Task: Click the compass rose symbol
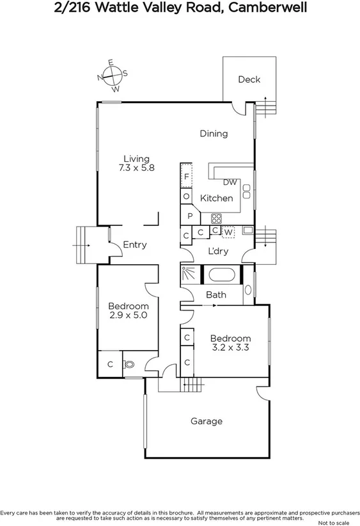coord(112,75)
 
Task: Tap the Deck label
coord(249,79)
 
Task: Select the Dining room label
coord(214,134)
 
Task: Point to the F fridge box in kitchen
coord(186,176)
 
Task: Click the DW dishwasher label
coord(230,182)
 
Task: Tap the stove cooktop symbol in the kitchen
coord(215,216)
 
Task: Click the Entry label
coord(135,244)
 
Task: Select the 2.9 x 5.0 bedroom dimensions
coord(129,315)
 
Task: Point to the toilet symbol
coord(130,365)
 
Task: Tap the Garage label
coord(207,421)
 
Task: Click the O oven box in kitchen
coord(186,196)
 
